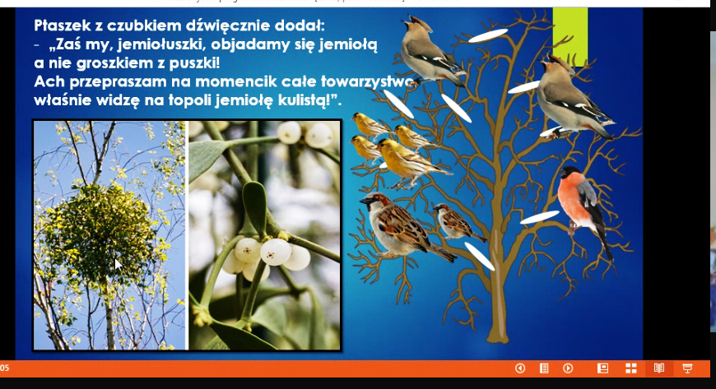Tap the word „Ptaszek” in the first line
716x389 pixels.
tap(62, 25)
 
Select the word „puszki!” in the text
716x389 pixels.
tap(194, 63)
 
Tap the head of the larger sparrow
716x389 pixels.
tap(374, 201)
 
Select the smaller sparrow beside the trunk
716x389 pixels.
tap(458, 222)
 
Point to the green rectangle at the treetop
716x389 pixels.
tap(570, 36)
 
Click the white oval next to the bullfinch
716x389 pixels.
tap(539, 217)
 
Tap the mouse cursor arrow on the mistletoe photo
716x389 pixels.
tap(118, 264)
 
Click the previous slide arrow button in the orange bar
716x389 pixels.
tap(519, 368)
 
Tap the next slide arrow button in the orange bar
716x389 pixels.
tap(568, 368)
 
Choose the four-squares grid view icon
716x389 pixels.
tap(630, 368)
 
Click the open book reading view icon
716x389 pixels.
tap(659, 368)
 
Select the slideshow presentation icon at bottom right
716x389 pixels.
tap(687, 368)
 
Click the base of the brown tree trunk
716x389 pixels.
tap(497, 337)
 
